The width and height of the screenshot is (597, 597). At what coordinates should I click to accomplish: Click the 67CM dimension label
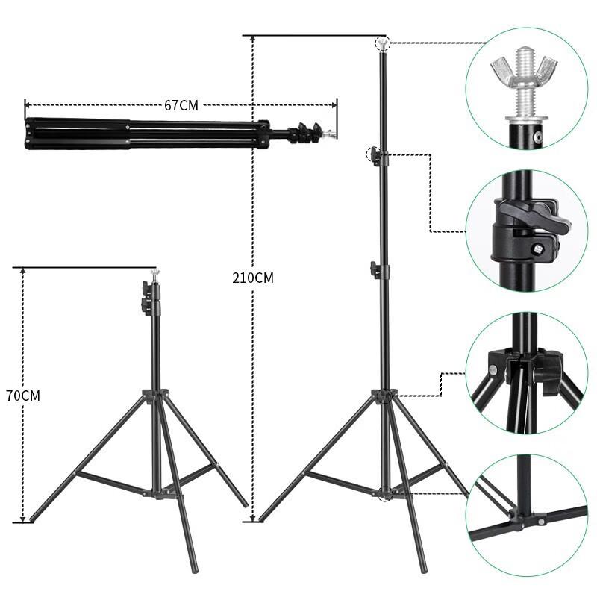click(181, 105)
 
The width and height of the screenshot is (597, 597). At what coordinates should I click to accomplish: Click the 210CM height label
click(253, 278)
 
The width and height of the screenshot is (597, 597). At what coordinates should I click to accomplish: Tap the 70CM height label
click(22, 396)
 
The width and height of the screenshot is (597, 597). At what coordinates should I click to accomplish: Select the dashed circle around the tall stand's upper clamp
click(374, 155)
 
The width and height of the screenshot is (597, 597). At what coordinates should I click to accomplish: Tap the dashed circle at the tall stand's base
click(384, 493)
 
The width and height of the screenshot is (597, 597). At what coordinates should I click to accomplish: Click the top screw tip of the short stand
click(154, 274)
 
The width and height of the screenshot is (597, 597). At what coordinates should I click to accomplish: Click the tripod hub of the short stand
click(156, 396)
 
